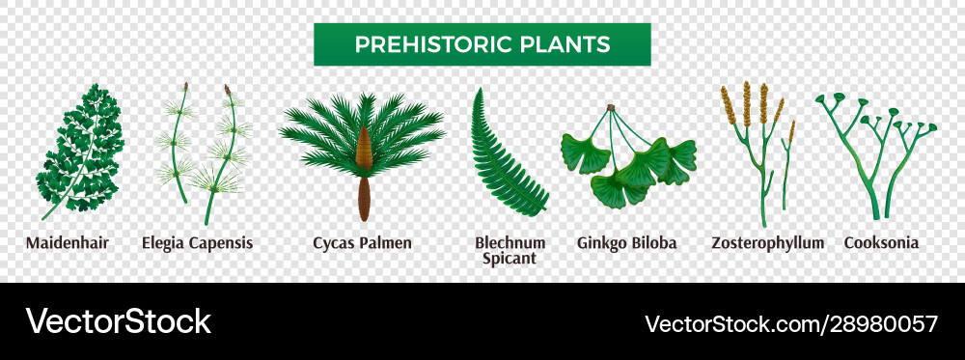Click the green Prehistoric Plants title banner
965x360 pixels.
pyautogui.click(x=482, y=44)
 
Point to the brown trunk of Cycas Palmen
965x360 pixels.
pyautogui.click(x=364, y=198)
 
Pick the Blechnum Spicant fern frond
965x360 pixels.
pyautogui.click(x=507, y=154)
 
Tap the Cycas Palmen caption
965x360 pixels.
pyautogui.click(x=363, y=242)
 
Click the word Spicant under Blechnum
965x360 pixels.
pyautogui.click(x=510, y=259)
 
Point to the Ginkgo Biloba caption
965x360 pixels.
pyautogui.click(x=626, y=242)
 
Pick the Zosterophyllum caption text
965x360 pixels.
pyautogui.click(x=767, y=242)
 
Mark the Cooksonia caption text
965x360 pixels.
pyautogui.click(x=880, y=242)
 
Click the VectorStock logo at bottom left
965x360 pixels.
pyautogui.click(x=118, y=321)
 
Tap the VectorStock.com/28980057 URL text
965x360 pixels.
pyautogui.click(x=790, y=322)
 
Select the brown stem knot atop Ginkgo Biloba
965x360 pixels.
pyautogui.click(x=610, y=108)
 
